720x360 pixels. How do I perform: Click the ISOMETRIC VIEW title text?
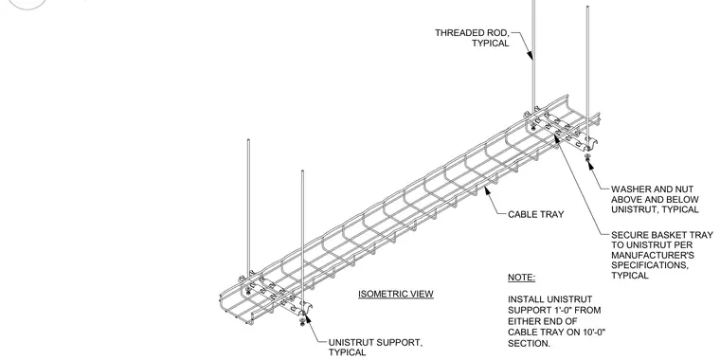click(396, 294)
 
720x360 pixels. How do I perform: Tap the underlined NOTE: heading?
click(522, 278)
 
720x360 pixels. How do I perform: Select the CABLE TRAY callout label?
click(536, 214)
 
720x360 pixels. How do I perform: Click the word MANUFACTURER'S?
click(653, 255)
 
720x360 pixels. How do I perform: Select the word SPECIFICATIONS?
click(650, 265)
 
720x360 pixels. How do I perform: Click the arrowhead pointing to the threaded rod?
click(530, 55)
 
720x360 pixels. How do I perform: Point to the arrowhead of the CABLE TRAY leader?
click(488, 191)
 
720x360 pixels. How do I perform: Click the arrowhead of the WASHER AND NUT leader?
click(590, 165)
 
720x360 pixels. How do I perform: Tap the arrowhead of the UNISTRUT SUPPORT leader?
click(308, 319)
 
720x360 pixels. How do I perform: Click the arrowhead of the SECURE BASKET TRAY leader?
click(556, 138)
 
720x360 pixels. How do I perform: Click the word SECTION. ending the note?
click(529, 344)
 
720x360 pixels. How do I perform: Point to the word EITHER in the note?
click(524, 321)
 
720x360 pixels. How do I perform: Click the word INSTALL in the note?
click(525, 299)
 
